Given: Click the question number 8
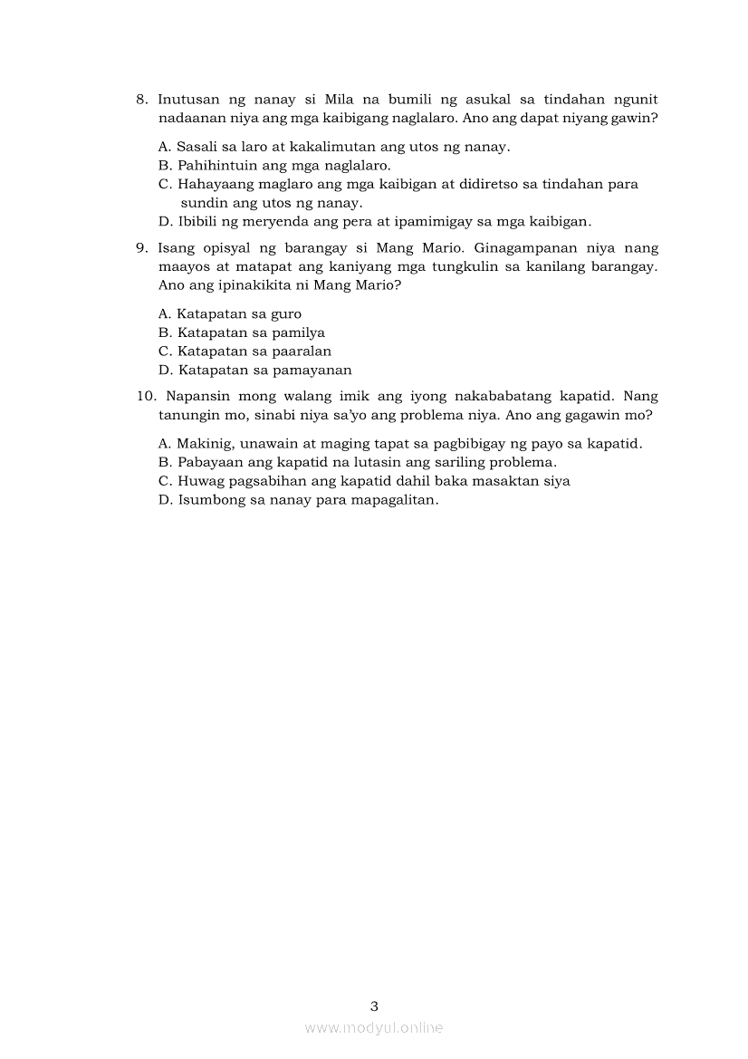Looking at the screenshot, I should [x=141, y=100].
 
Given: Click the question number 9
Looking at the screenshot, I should [x=141, y=248].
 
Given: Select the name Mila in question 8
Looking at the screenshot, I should [x=326, y=100].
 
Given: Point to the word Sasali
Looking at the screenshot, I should [x=197, y=147].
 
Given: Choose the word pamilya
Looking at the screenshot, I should [x=295, y=333].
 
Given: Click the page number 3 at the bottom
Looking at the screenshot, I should [x=374, y=1006].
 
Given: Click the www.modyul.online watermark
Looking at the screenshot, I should [x=374, y=1028].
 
